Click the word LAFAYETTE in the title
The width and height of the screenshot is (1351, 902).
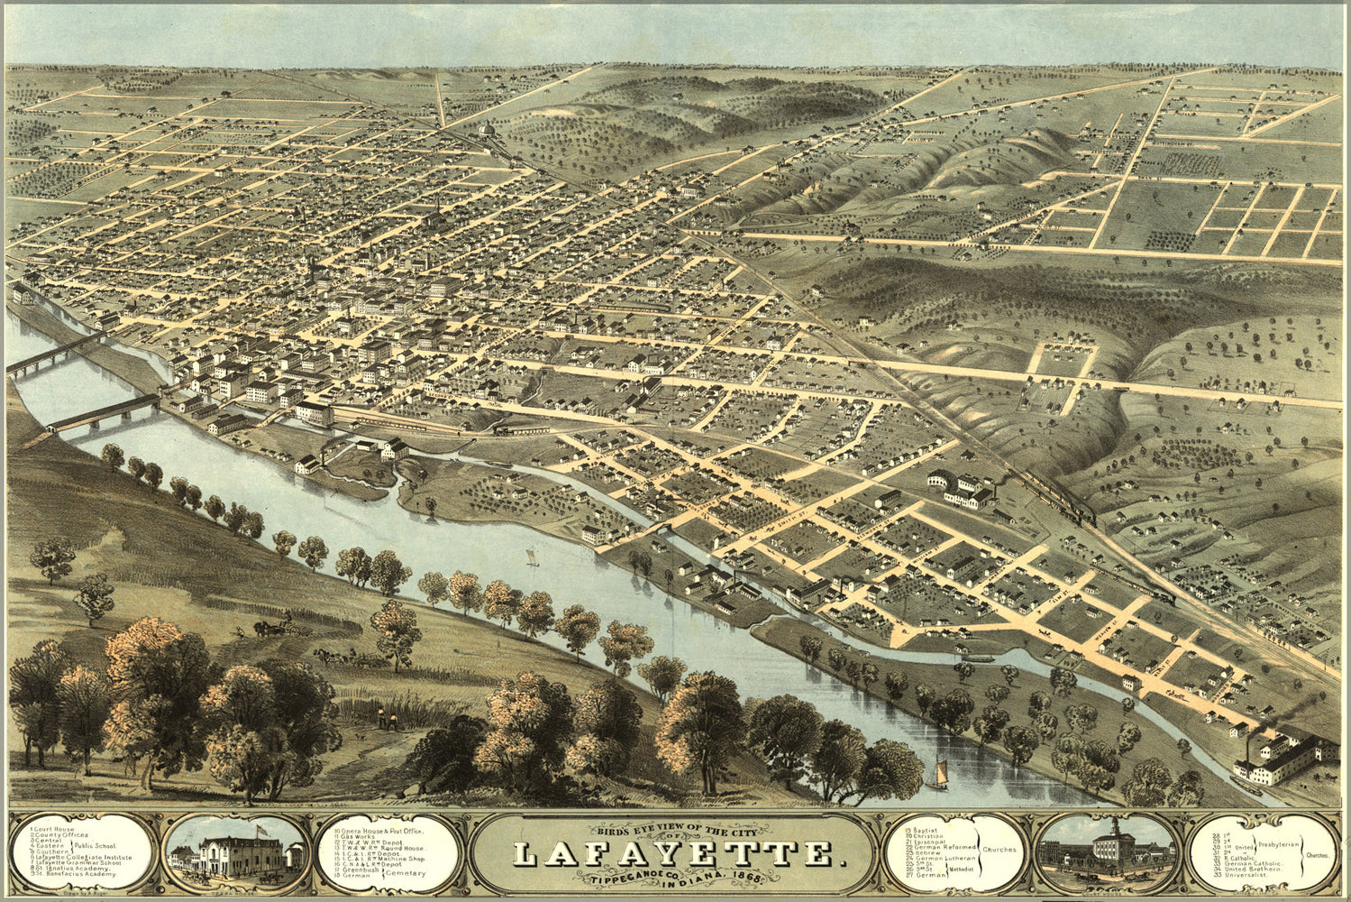coord(674,853)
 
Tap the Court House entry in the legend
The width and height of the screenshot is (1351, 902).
coord(55,828)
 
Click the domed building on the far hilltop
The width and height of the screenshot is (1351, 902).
coord(488,132)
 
